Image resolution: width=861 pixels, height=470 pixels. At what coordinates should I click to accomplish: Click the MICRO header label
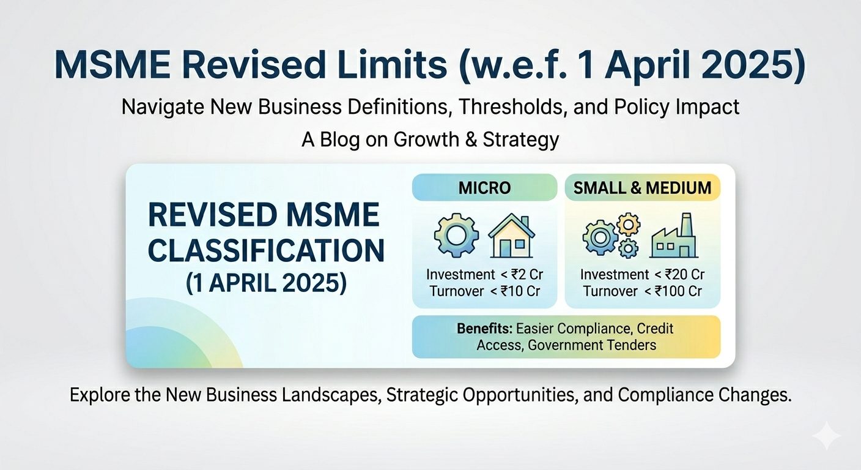pos(484,188)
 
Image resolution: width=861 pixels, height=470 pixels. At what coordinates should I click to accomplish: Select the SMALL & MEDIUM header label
pos(642,188)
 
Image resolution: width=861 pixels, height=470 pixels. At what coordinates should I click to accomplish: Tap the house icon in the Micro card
pos(511,236)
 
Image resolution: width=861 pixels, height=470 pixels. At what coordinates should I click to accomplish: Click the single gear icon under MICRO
pos(456,235)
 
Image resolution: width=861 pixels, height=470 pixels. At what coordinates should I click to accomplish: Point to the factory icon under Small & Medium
pos(674,236)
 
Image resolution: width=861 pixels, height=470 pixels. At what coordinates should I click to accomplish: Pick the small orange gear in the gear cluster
pos(629,224)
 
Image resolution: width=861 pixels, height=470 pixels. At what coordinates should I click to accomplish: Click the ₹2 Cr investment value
pos(527,275)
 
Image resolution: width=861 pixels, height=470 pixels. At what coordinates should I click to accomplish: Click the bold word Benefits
pos(484,329)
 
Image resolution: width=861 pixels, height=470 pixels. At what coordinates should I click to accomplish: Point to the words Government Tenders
pos(592,345)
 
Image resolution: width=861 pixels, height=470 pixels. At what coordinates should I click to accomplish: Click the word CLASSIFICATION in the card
pos(266,250)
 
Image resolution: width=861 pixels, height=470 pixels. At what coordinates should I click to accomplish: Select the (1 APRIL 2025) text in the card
pos(266,283)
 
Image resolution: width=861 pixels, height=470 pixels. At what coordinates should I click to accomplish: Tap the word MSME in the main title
pos(113,65)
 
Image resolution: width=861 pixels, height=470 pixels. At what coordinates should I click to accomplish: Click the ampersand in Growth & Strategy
pos(471,140)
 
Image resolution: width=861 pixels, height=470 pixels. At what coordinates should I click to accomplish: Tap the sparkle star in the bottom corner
pos(826,435)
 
